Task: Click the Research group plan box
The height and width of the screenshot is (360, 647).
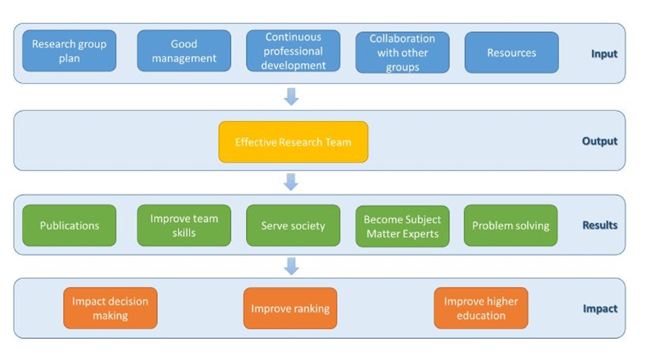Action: [x=69, y=51]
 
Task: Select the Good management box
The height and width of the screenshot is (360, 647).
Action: [x=184, y=51]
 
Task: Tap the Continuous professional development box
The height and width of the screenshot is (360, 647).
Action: [x=293, y=51]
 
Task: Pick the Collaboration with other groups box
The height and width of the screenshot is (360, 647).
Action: [x=402, y=52]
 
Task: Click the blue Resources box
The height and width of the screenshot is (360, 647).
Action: [x=511, y=52]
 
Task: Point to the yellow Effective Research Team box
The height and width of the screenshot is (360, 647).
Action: [x=293, y=142]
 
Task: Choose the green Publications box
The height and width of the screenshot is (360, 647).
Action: [x=69, y=225]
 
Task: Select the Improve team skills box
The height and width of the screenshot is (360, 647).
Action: [x=184, y=225]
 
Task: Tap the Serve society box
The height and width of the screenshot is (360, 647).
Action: [x=293, y=225]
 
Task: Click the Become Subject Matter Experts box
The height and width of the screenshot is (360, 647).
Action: [x=402, y=226]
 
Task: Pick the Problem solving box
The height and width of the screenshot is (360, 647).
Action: [x=510, y=225]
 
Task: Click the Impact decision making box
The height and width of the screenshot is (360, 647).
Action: [x=110, y=308]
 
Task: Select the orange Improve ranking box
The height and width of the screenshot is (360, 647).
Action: [x=290, y=308]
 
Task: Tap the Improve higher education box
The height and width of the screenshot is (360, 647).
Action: [x=481, y=308]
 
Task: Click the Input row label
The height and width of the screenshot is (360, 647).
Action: [x=604, y=54]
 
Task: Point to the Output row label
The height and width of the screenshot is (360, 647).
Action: [x=599, y=141]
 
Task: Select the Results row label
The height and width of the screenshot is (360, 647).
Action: [x=600, y=225]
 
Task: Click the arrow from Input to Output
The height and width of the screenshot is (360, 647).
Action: [x=291, y=96]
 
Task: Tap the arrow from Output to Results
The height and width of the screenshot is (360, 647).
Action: [x=291, y=182]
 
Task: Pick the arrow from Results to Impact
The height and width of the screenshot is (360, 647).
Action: [x=291, y=266]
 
